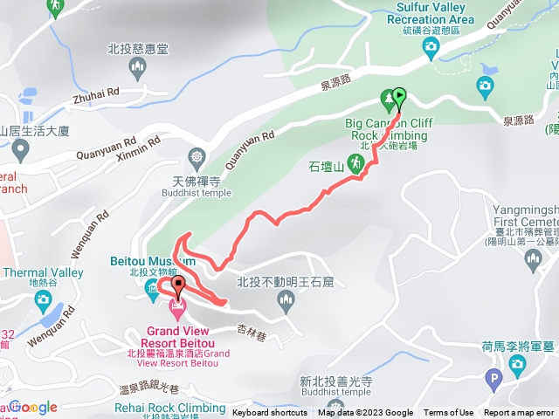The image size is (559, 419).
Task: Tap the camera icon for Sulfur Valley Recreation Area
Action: pyautogui.click(x=431, y=50)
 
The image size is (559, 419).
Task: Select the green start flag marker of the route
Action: pyautogui.click(x=399, y=96)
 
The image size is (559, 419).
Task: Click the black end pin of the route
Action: pyautogui.click(x=179, y=285)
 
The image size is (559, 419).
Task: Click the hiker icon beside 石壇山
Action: pyautogui.click(x=355, y=162)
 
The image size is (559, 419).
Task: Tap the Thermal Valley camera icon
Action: pyautogui.click(x=42, y=299)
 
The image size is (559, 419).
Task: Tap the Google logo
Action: pyautogui.click(x=32, y=407)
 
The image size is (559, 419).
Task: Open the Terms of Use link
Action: pyautogui.click(x=448, y=413)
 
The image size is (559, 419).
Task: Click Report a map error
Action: pyautogui.click(x=520, y=413)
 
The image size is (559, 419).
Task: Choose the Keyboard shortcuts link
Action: pyautogui.click(x=270, y=413)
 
